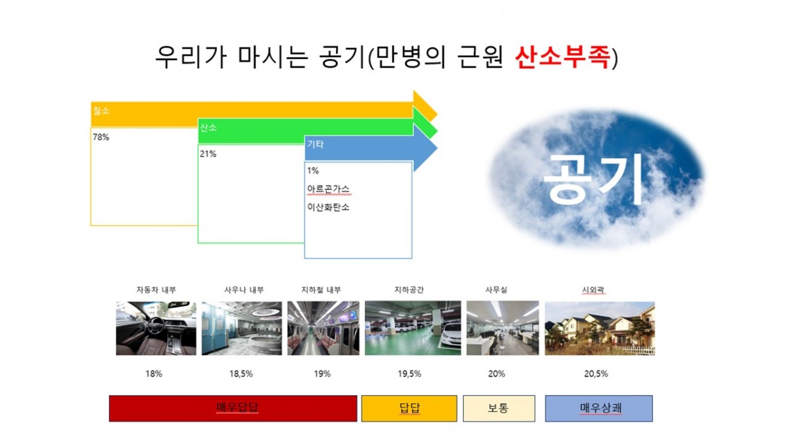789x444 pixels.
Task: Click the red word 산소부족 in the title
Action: (563, 57)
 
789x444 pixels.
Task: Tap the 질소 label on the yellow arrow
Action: (101, 111)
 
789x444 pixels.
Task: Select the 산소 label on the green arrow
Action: (208, 127)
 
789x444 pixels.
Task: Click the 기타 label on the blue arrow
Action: (315, 144)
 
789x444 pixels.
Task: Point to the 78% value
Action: (101, 137)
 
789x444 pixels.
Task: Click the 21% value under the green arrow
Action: (208, 154)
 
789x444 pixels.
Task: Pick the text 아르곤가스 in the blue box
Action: (328, 189)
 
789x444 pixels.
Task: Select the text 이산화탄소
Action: (328, 207)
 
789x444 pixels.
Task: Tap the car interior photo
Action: (156, 328)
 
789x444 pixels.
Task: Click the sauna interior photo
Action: (242, 328)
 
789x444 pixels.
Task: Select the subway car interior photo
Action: (323, 328)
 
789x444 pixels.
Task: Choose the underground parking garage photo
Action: (413, 328)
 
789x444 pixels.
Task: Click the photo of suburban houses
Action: (600, 328)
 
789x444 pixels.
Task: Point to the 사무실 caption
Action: (496, 289)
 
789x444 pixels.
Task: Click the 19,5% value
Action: (409, 374)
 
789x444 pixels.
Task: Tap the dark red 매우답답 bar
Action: (233, 408)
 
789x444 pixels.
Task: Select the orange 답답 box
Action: (409, 408)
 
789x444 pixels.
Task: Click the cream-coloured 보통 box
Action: (499, 408)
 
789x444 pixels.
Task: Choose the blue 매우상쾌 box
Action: (599, 408)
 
